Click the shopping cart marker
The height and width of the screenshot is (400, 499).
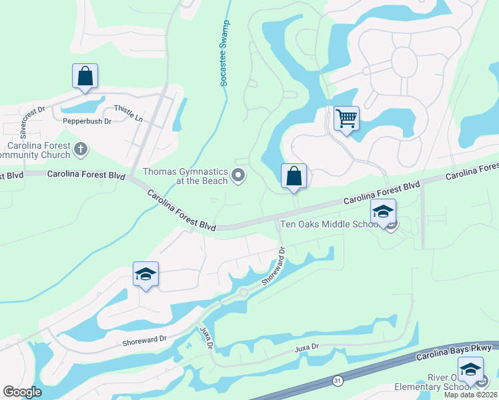pyautogui.click(x=346, y=119)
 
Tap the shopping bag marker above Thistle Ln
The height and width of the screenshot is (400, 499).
pyautogui.click(x=85, y=76)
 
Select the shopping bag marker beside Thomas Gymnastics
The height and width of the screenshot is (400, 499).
pyautogui.click(x=294, y=177)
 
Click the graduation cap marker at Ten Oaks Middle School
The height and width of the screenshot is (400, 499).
pyautogui.click(x=383, y=212)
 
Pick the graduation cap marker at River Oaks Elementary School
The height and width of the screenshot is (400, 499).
pyautogui.click(x=470, y=370)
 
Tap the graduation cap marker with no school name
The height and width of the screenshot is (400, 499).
pyautogui.click(x=145, y=274)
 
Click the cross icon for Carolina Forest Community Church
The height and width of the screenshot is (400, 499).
pyautogui.click(x=81, y=149)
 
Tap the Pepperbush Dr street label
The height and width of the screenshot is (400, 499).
pyautogui.click(x=87, y=121)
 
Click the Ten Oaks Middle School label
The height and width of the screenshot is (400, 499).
pyautogui.click(x=330, y=224)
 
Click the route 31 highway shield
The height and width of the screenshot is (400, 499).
pyautogui.click(x=338, y=380)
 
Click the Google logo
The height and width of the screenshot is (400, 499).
pyautogui.click(x=22, y=392)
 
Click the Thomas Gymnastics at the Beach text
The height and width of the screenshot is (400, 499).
pyautogui.click(x=185, y=176)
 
